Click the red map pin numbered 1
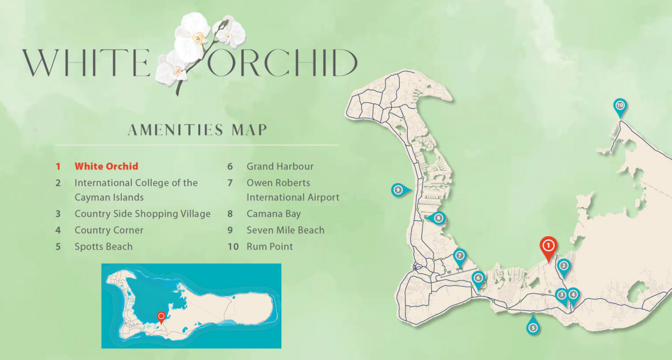pos(548,246)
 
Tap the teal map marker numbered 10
pos(619,106)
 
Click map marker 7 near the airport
pos(459,256)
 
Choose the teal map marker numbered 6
pos(478,278)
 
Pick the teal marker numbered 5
pos(532,327)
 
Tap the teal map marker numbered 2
pos(563,266)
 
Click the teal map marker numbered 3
pos(562,295)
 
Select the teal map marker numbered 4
pos(573,295)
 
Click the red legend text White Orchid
pos(106,167)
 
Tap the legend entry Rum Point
pos(269,247)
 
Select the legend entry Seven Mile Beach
pos(285,230)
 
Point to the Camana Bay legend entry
pos(273,214)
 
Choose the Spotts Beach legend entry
pos(104,247)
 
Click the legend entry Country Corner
pos(109,230)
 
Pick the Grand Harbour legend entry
pos(280,167)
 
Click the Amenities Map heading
pos(197,130)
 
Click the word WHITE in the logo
pos(86,63)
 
